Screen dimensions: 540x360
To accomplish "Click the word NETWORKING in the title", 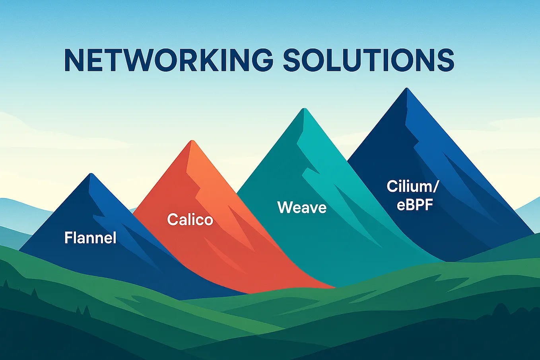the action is tap(169, 60).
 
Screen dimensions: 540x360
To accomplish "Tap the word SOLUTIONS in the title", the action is tap(369, 60).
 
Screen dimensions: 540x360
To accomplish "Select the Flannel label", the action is tap(90, 238).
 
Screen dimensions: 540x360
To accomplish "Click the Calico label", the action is tap(190, 220).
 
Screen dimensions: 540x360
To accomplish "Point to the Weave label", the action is tap(302, 207).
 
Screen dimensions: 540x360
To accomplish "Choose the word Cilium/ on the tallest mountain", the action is tap(409, 187).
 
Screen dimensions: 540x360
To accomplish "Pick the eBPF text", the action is tap(414, 205).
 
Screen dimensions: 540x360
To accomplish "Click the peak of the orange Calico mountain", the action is tap(192, 142).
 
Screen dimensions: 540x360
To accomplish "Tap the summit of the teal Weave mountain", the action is tap(304, 109).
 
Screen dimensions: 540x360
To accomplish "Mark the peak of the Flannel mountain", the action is tap(91, 174).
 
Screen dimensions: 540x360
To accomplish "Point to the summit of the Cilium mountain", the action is tap(406, 89).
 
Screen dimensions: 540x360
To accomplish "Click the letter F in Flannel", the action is tap(68, 238).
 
